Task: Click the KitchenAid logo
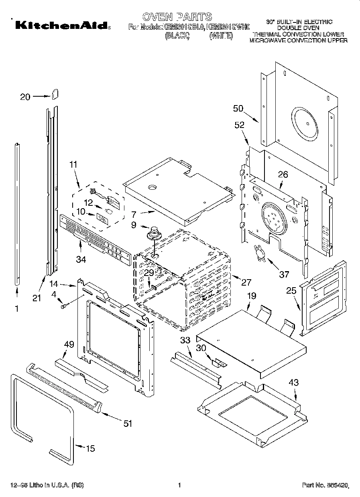tap(61, 25)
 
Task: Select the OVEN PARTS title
tap(177, 17)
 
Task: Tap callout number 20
tap(25, 97)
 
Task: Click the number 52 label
tap(240, 125)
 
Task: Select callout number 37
tap(284, 274)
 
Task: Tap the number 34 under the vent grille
tap(81, 260)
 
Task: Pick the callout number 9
tap(134, 225)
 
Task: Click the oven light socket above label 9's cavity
tap(153, 233)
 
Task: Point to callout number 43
tap(294, 383)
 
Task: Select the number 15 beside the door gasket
tap(91, 448)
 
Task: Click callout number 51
tap(127, 424)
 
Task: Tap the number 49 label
tap(69, 344)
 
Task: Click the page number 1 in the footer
tap(179, 485)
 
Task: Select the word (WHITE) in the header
tap(221, 35)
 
